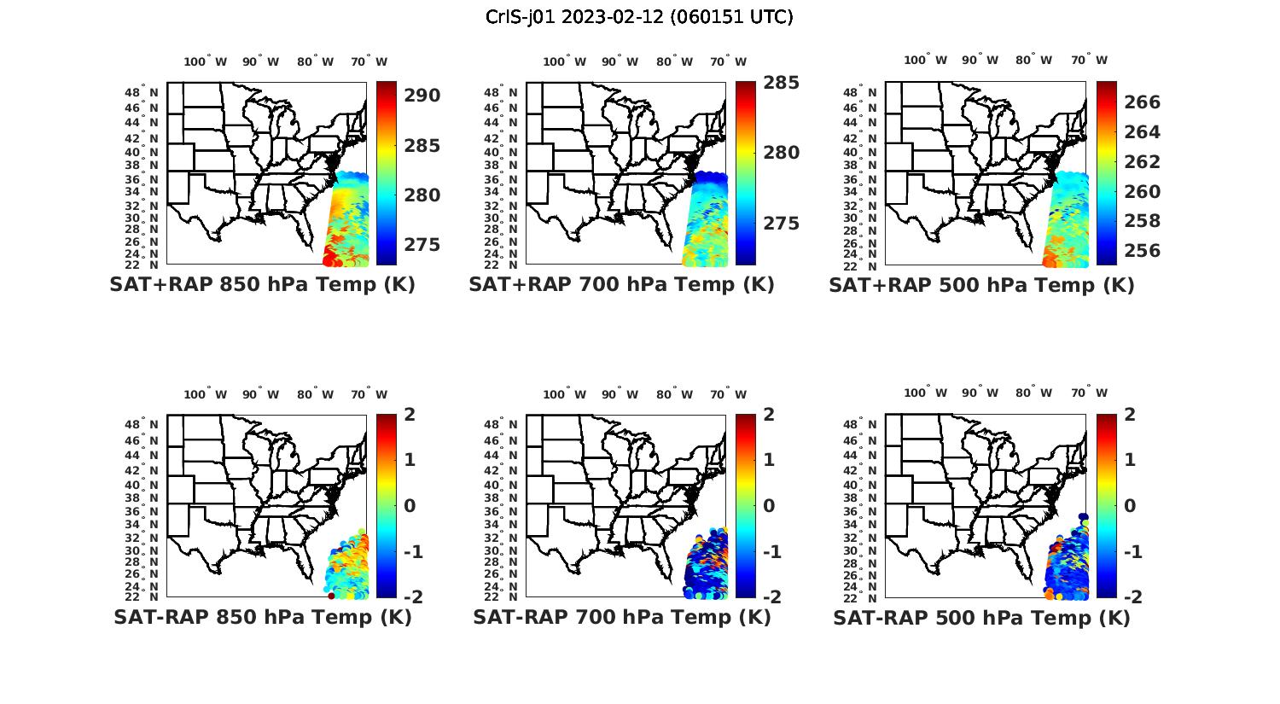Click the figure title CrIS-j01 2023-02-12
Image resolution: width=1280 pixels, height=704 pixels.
(x=639, y=17)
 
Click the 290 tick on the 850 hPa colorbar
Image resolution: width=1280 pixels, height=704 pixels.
(x=422, y=96)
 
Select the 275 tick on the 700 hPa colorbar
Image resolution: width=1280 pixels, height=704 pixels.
(x=781, y=224)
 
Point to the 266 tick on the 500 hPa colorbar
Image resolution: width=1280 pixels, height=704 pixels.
(x=1143, y=102)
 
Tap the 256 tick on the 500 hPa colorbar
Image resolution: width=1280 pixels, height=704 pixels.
(x=1143, y=251)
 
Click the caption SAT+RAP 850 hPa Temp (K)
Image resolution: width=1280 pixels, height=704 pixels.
(x=262, y=285)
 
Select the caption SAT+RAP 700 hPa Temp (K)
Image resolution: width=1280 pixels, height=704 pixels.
(x=621, y=285)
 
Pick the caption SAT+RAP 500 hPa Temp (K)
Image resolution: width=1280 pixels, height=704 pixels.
(x=981, y=286)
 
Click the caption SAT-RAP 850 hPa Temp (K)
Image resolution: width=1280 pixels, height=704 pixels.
(x=262, y=618)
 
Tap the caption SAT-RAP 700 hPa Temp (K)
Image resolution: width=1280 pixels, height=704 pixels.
(x=621, y=618)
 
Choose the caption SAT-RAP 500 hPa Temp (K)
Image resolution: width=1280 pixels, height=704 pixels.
(x=981, y=619)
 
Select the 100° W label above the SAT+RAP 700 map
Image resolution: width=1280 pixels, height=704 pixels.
(x=564, y=61)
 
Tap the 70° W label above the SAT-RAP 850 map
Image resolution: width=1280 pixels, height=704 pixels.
(x=369, y=394)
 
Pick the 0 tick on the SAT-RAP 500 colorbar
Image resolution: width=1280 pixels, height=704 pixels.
(x=1131, y=506)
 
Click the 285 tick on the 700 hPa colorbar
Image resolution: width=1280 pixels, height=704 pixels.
(x=781, y=83)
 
